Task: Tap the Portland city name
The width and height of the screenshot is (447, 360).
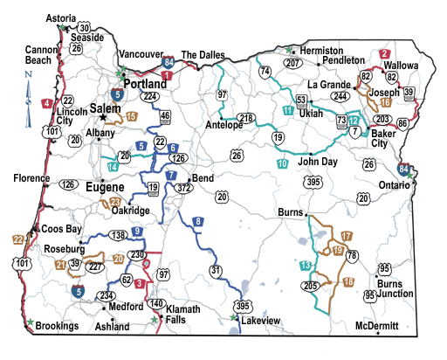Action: [x=145, y=83]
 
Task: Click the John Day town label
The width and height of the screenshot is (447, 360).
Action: [x=318, y=162]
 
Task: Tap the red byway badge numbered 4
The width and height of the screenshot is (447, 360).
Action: [x=45, y=104]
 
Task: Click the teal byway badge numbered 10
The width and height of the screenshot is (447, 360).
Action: [x=282, y=163]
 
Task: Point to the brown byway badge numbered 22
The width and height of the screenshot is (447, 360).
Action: [x=17, y=239]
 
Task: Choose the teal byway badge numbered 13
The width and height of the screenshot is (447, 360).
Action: [x=305, y=265]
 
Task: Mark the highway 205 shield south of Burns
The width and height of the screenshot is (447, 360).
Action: [x=311, y=286]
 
